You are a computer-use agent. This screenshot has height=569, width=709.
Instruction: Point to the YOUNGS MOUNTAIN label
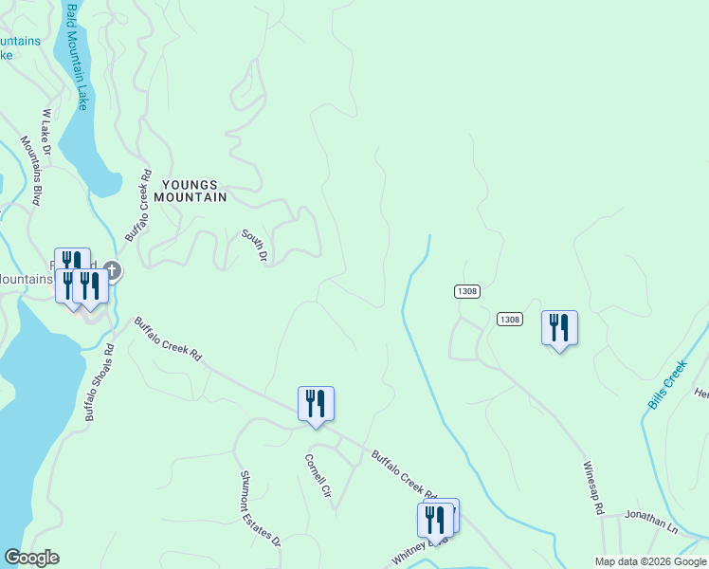pos(194,192)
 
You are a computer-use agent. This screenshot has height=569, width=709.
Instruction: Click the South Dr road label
pos(255,246)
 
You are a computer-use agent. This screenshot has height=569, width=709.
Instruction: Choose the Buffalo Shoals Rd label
pos(99,382)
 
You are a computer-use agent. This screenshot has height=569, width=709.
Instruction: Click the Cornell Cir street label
pos(318,477)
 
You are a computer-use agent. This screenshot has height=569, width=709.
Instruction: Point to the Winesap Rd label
pos(593,487)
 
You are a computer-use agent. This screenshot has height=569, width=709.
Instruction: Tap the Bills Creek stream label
pos(667,384)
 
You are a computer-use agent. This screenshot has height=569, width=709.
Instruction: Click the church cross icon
pos(112,271)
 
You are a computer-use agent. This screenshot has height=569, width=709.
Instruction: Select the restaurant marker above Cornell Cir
pos(316,404)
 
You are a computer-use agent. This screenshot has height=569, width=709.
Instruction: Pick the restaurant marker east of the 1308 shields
pos(559,328)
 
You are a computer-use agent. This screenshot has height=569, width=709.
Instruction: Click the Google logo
pos(31,558)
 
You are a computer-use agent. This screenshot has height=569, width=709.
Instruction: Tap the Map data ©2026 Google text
pos(649,561)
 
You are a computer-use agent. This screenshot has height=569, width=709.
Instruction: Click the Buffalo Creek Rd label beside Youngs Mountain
pos(138,204)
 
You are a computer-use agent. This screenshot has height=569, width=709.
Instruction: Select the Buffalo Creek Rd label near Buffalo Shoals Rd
pos(168,339)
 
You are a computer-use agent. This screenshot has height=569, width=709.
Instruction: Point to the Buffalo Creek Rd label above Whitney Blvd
pos(402,474)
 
